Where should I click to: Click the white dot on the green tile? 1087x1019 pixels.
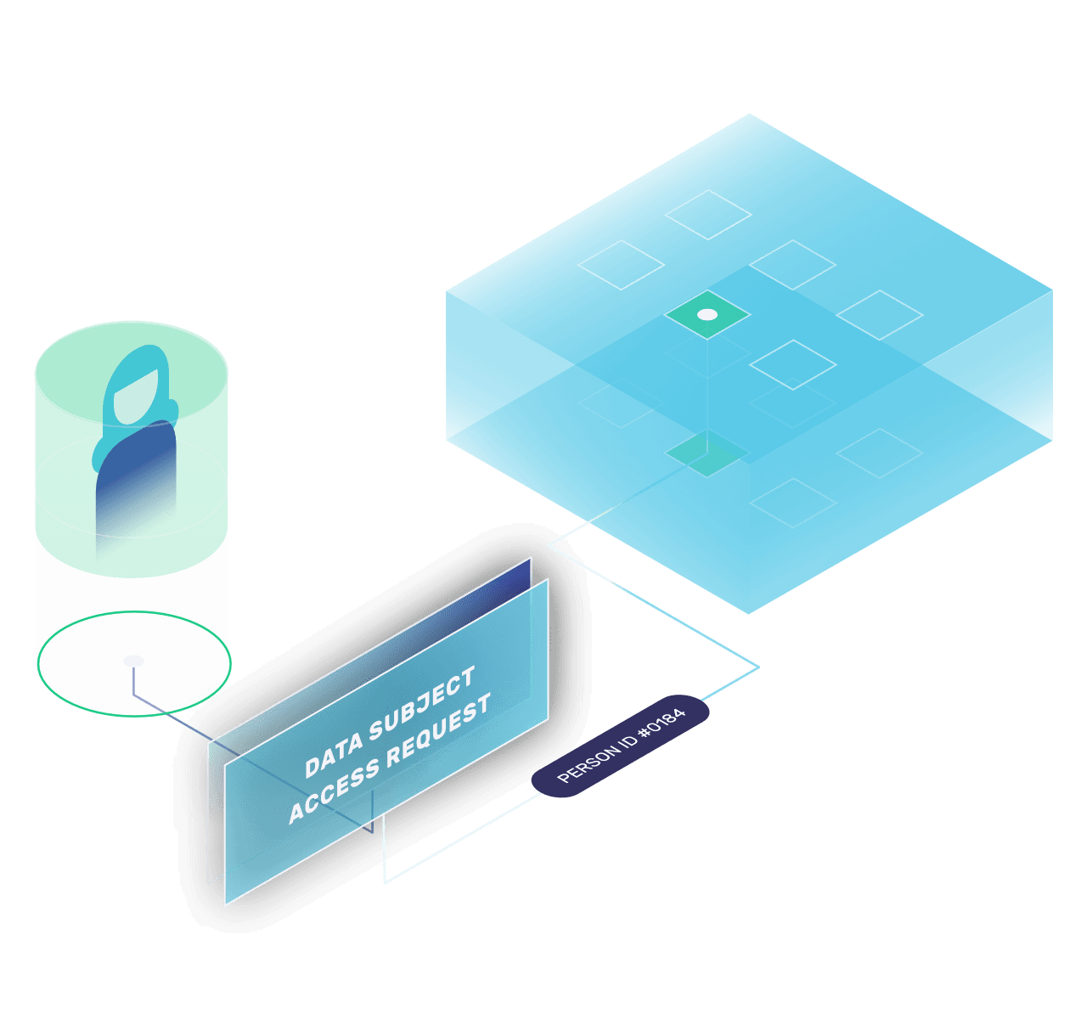pyautogui.click(x=707, y=315)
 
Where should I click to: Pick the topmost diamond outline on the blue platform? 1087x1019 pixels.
pyautogui.click(x=707, y=215)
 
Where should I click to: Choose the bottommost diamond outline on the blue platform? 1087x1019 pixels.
pyautogui.click(x=792, y=503)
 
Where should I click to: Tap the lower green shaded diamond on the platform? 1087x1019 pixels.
pyautogui.click(x=707, y=453)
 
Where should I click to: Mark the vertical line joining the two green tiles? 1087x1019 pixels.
pyautogui.click(x=707, y=382)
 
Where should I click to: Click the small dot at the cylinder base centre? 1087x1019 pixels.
pyautogui.click(x=133, y=661)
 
